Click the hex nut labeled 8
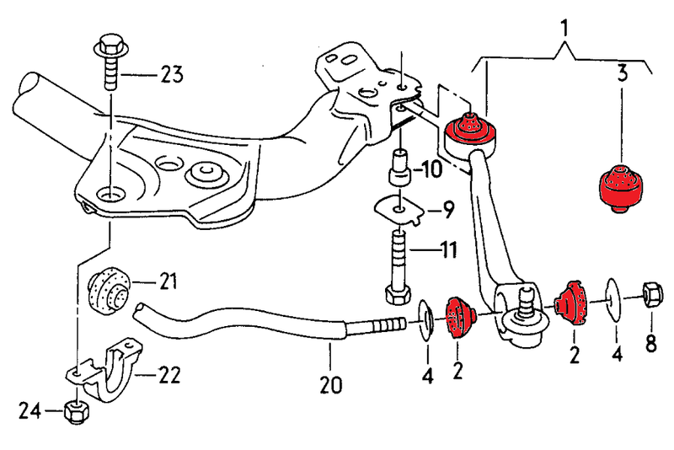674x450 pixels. [x=650, y=294]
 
